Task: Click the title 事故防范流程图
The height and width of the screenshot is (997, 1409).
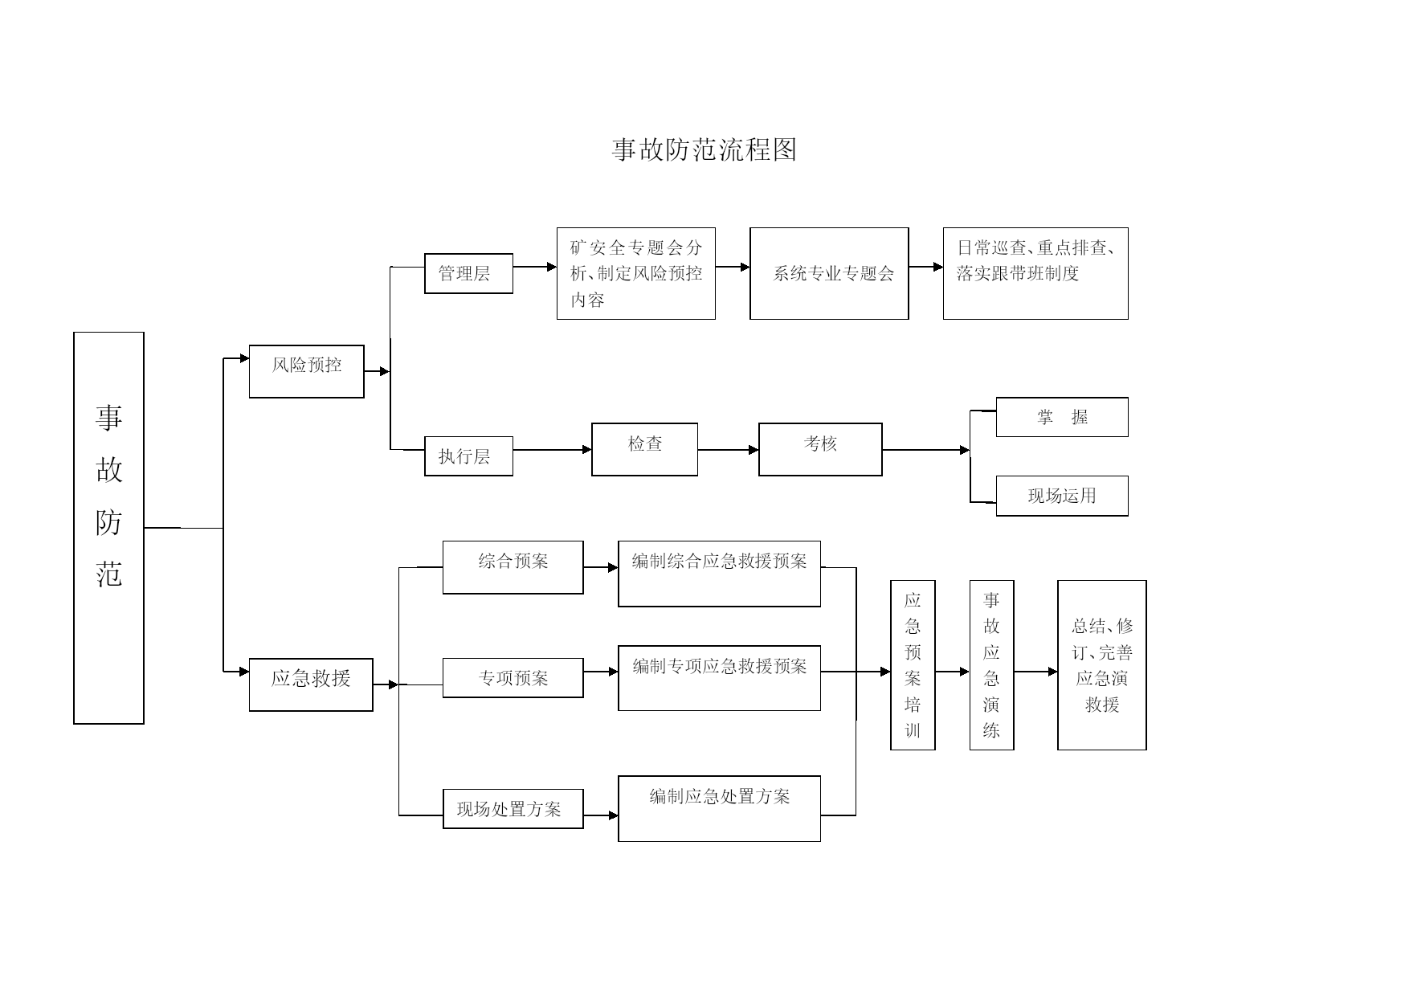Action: [704, 150]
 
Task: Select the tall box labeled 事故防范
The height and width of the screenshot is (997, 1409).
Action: [108, 528]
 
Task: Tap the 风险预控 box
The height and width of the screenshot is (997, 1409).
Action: [306, 371]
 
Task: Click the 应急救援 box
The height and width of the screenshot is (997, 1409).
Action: [311, 684]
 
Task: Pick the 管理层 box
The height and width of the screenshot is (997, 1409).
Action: [468, 273]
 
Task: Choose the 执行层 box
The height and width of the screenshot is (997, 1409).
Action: [468, 456]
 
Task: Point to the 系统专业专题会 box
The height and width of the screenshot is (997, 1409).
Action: [829, 273]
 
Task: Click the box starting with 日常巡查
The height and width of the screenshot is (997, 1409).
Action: [1035, 273]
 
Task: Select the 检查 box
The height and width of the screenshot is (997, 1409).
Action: [644, 449]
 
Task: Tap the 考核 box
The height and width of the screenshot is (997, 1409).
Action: [820, 449]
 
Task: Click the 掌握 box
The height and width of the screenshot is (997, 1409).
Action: [1062, 417]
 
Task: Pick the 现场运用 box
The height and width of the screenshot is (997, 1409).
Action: [1062, 496]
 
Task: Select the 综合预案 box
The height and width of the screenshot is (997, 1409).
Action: [513, 567]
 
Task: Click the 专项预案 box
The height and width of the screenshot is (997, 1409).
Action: [513, 678]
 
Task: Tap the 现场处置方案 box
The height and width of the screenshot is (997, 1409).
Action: [513, 808]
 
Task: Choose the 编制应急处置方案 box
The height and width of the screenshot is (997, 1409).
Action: [719, 808]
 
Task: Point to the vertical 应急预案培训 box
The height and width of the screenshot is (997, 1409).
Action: [913, 665]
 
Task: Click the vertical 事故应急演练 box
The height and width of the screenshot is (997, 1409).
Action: [991, 665]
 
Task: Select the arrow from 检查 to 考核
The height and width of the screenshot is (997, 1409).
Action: [728, 450]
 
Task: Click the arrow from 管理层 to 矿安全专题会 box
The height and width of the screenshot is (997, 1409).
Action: [535, 267]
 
